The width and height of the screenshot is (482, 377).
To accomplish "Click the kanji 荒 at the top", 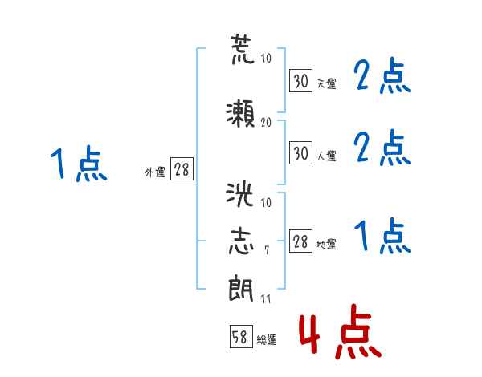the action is [243, 49].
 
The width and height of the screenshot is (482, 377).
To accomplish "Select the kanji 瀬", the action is [240, 113].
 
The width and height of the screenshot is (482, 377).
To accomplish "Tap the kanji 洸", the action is [239, 194].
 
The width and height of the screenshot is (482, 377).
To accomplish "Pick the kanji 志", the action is [241, 241].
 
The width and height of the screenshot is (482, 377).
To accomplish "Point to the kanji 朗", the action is [241, 288].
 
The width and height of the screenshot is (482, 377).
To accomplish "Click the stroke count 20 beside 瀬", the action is [266, 122].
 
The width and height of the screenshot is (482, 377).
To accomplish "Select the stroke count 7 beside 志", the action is [267, 250].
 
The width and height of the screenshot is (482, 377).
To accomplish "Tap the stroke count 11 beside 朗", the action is [266, 298].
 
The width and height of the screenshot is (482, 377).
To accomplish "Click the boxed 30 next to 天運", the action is [301, 80].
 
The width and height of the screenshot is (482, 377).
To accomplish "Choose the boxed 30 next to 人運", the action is [301, 152].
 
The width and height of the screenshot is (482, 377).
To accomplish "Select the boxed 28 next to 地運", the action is [301, 241].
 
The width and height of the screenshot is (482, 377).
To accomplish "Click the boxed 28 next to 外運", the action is [182, 168].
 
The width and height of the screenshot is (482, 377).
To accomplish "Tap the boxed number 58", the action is [241, 336].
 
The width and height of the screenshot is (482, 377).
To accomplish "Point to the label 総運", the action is [267, 340].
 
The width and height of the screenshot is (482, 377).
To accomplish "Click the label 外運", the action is [155, 172].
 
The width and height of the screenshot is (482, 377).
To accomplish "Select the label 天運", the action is [326, 83].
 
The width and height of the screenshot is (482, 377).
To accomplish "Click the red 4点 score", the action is [341, 331].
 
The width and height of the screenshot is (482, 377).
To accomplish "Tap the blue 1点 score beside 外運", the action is [79, 164].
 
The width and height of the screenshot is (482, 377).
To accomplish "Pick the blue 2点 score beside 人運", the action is [382, 148].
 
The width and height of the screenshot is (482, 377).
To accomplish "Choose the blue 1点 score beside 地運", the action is [382, 236].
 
